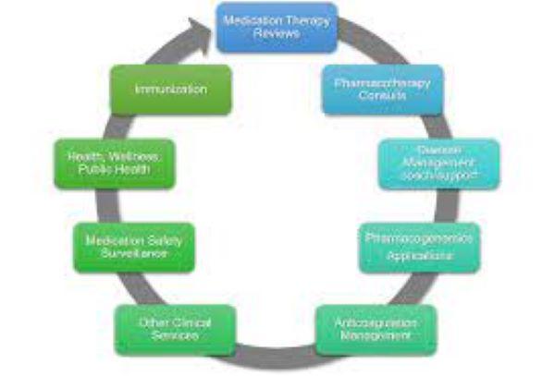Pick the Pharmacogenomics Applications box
point(421,247)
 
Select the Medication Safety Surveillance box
point(134,246)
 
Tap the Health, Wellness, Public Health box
point(114,164)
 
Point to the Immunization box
point(170,90)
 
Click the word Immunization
point(170,90)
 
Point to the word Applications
point(421,255)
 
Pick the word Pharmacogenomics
point(421,238)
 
